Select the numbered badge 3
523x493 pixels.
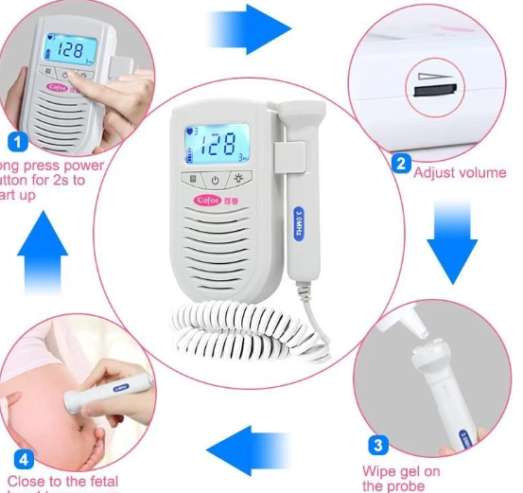tap(375, 445)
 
